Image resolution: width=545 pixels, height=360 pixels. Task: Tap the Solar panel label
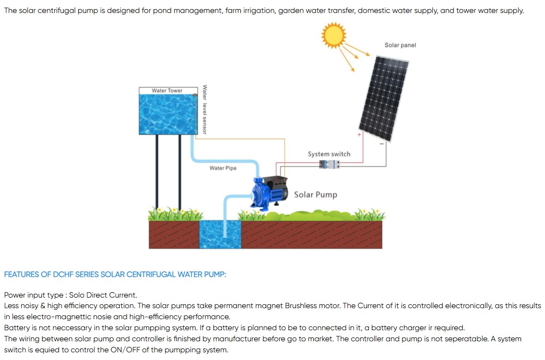point(400,45)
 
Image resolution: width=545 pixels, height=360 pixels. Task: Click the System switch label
point(329,154)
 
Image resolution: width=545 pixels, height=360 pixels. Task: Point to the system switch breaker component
point(330,164)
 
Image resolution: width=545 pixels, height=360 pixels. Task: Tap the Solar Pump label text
point(315,194)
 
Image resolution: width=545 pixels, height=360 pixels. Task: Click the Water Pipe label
point(223,168)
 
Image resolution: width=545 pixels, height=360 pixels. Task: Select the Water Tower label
point(167,91)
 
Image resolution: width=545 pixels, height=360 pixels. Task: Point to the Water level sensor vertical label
point(205,109)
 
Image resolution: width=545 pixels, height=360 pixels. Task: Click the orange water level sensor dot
point(195,95)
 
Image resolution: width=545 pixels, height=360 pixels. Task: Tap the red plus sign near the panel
point(359,135)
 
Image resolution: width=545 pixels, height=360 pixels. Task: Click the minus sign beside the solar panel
point(381,144)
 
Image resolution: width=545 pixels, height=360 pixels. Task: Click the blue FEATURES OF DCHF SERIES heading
point(115,275)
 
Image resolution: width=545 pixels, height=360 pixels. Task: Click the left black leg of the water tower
point(157,173)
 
